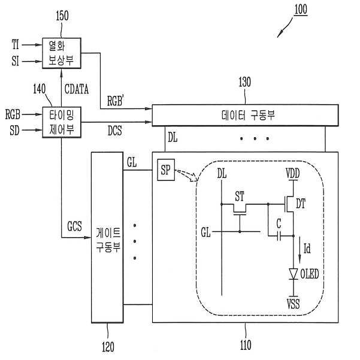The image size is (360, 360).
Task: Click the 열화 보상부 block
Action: (62, 52)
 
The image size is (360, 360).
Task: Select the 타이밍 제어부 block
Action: (62, 120)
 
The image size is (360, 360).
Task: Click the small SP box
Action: (165, 170)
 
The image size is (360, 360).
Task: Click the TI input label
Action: (16, 44)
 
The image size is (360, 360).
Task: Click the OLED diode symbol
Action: (293, 273)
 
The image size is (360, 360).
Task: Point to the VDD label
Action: (293, 173)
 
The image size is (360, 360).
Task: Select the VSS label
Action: (293, 304)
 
